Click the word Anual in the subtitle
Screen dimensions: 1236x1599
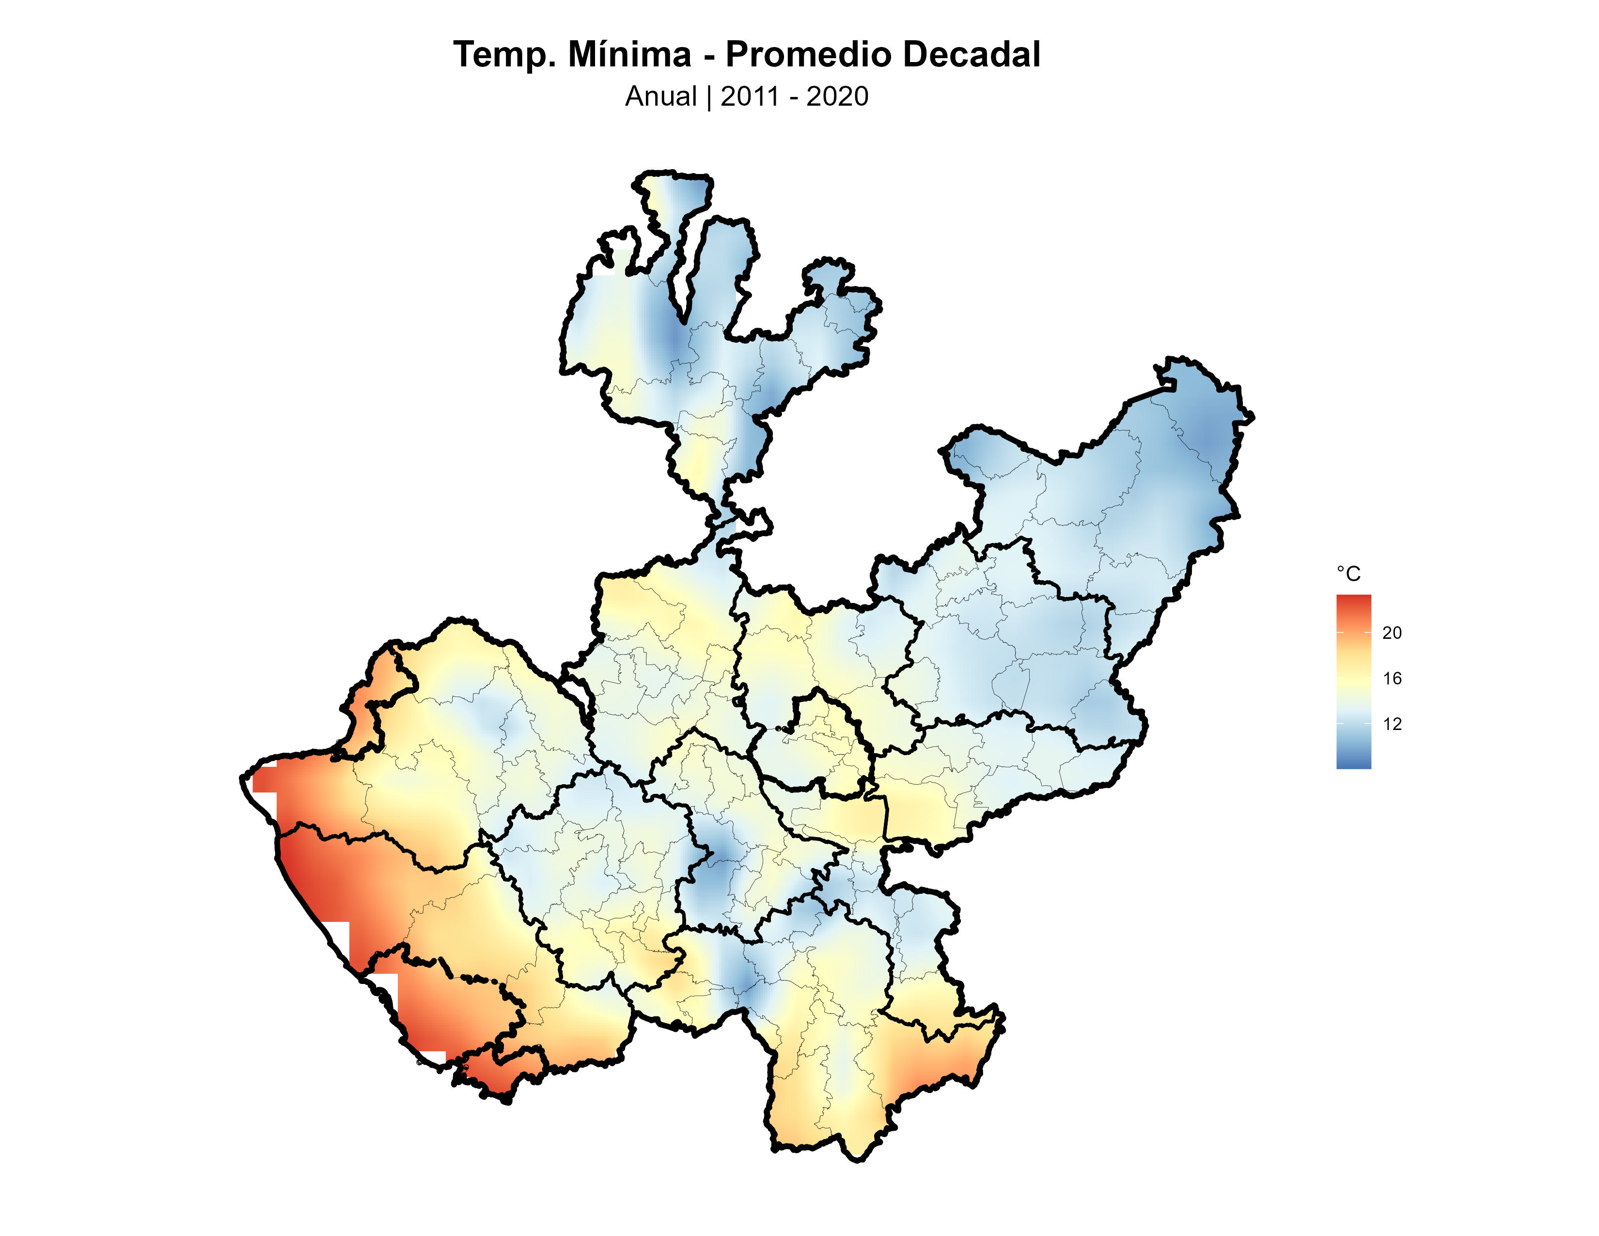pos(660,96)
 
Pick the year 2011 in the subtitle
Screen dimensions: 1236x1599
pos(750,96)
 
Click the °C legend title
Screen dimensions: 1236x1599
pos(1348,574)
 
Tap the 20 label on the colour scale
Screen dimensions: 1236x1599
pos(1392,633)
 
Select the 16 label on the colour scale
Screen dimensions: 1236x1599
pos(1392,679)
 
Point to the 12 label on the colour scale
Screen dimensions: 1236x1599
pos(1392,724)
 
